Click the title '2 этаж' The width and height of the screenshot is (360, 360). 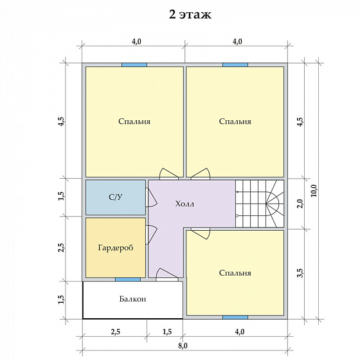pos(190,14)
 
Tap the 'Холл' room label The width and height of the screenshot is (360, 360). pos(184,204)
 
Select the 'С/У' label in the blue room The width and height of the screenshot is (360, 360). pos(116,197)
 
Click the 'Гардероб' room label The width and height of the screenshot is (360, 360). pos(116,248)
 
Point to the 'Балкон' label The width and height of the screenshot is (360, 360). pos(132,299)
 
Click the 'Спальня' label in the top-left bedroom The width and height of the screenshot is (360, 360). pos(134,122)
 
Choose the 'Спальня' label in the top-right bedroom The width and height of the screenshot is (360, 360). pos(235,122)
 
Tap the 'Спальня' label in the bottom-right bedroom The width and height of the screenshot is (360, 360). pos(235,273)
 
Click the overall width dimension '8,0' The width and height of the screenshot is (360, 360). pos(183,346)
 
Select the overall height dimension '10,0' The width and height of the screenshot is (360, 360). pos(314,190)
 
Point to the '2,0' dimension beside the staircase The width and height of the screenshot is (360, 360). pos(300,204)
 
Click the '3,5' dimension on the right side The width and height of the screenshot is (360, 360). pos(300,273)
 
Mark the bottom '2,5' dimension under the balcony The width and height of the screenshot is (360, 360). pos(116,332)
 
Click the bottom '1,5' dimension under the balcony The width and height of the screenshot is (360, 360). pos(167,332)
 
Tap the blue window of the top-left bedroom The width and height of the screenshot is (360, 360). pos(134,65)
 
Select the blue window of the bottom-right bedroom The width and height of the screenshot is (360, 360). pos(235,318)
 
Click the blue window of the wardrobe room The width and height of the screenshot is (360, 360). pos(128,280)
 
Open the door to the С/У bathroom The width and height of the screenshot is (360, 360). pos(150,197)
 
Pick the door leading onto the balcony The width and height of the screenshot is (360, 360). pos(167,275)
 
